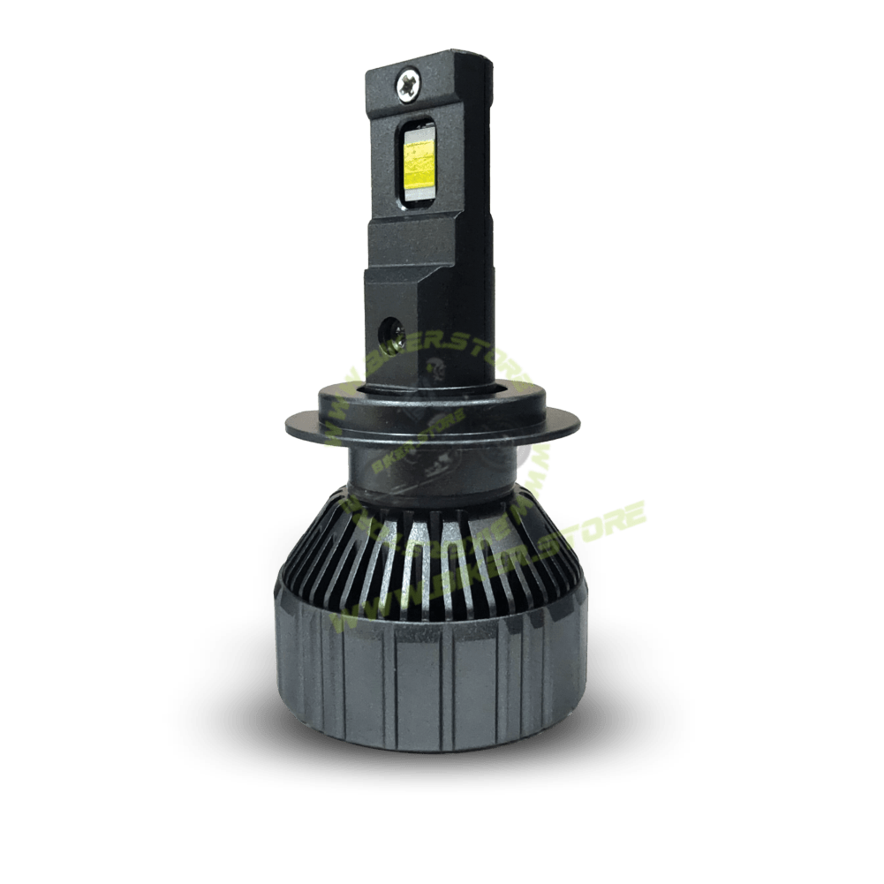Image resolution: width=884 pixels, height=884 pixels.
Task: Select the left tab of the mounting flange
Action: [305, 424]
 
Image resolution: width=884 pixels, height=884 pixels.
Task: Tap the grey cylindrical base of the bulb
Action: [415, 671]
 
